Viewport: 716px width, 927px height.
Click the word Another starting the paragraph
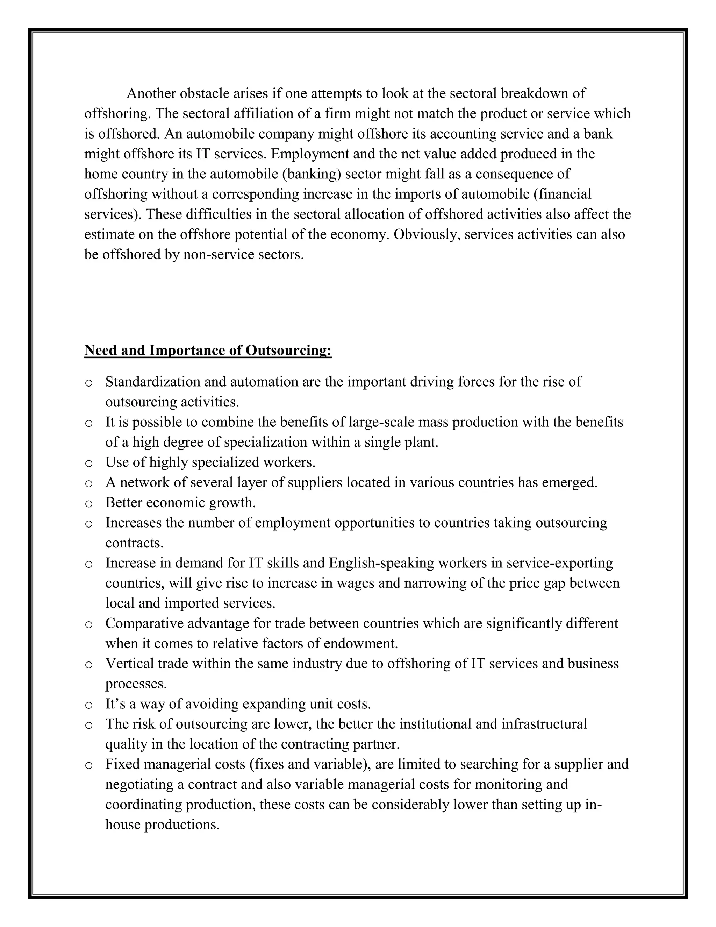(151, 93)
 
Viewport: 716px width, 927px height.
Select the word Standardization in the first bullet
(153, 382)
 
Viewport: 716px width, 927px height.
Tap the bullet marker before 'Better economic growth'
(89, 504)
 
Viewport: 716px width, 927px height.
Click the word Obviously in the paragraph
(425, 234)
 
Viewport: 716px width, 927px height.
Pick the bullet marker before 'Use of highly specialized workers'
(89, 463)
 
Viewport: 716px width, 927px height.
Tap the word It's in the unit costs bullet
(116, 704)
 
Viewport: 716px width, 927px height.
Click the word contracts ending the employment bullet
(134, 543)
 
